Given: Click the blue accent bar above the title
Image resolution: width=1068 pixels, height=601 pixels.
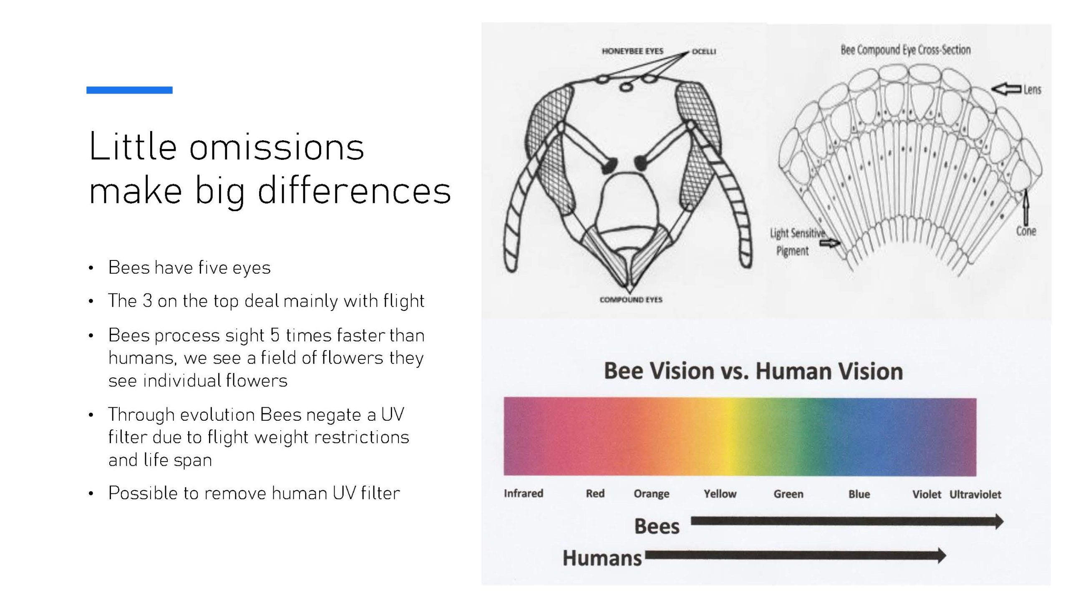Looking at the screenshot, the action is [129, 90].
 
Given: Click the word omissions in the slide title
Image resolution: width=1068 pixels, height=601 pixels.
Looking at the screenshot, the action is [277, 146].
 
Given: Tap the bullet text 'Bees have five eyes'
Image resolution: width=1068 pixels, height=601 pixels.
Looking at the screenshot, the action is [189, 268].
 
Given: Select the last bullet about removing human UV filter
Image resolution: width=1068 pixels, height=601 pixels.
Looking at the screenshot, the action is [254, 493].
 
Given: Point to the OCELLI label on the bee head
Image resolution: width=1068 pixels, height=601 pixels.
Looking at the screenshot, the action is [704, 52].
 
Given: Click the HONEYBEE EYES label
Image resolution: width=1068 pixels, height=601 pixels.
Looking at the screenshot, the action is [632, 51].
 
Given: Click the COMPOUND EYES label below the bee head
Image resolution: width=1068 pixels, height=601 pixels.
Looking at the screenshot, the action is [631, 300].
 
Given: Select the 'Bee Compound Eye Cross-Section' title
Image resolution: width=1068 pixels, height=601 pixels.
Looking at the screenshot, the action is [905, 50].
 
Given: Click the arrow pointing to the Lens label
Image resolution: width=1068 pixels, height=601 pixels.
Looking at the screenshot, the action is [1006, 89].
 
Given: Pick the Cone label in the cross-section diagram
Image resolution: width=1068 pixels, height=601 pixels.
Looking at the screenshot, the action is [1026, 231].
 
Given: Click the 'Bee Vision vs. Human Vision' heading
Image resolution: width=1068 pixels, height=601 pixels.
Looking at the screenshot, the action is [753, 371].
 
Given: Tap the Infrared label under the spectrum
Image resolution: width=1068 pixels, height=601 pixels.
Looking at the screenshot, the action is [524, 493].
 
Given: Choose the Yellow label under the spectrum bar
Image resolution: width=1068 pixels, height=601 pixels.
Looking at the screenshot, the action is [720, 494].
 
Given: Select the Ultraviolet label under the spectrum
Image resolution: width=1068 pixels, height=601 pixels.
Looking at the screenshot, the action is [975, 495].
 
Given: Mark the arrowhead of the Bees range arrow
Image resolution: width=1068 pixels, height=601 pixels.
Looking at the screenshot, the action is [999, 521].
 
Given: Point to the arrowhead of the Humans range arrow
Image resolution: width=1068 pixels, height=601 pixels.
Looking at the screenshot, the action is [942, 556].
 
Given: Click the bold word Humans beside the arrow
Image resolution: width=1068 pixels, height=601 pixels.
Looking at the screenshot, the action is [602, 558].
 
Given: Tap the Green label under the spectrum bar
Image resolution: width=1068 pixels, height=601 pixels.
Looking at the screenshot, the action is [788, 494].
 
